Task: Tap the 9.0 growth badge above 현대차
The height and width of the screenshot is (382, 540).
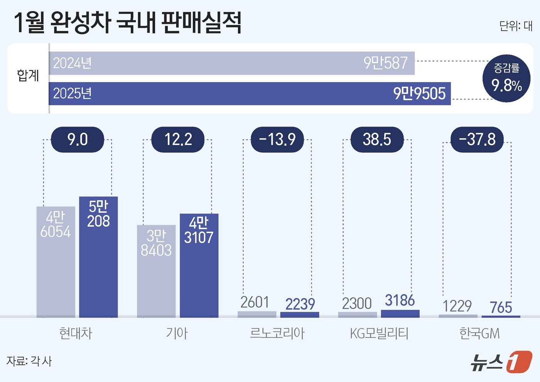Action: [78, 139]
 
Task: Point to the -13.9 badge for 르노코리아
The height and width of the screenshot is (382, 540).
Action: [277, 139]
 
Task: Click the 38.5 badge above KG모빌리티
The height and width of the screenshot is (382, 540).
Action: [377, 139]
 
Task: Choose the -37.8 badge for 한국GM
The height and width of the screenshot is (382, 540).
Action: [477, 139]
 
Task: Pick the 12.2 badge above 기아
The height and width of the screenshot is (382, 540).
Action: [178, 139]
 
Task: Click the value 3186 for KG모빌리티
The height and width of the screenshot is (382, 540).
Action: [400, 301]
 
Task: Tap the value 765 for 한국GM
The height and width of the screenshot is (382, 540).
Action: [501, 308]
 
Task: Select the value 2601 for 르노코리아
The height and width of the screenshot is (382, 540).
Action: [255, 303]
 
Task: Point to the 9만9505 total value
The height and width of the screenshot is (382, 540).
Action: [419, 94]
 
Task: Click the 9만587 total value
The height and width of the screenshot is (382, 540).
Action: [385, 63]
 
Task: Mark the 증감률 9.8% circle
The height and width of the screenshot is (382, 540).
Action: [506, 78]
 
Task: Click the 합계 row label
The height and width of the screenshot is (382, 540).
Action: [28, 75]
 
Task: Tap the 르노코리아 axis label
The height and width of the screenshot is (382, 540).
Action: [277, 333]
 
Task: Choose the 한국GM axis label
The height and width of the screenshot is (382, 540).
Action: [479, 333]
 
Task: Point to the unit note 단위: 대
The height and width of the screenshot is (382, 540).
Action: [516, 26]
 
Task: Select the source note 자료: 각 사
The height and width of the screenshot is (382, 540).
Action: [29, 361]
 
